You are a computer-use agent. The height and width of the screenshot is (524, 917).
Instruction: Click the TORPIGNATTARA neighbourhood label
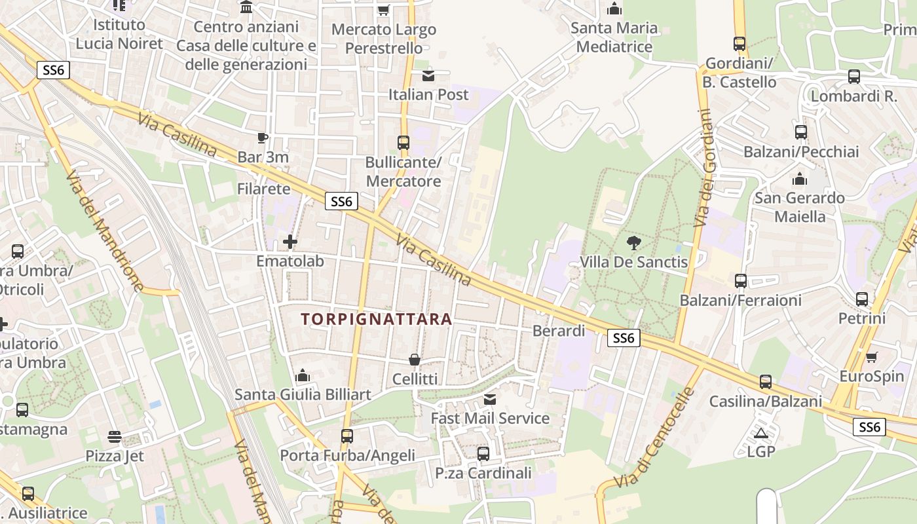click(376, 320)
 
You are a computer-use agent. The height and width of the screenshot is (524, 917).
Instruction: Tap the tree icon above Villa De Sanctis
click(633, 244)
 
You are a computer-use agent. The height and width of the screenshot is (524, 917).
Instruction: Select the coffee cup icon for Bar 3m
click(263, 138)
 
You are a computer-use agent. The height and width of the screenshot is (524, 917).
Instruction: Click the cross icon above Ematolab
click(290, 242)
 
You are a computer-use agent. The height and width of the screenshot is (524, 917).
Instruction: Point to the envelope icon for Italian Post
click(428, 76)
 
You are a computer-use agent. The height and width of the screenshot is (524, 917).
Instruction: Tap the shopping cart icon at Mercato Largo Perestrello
click(384, 10)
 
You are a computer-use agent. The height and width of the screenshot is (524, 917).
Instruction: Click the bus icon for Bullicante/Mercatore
click(403, 143)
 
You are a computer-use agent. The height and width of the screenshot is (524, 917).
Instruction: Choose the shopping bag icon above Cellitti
click(415, 360)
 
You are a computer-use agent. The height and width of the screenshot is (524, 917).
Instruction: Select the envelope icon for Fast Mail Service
click(490, 400)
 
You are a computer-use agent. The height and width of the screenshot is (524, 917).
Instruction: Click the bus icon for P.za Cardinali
click(483, 453)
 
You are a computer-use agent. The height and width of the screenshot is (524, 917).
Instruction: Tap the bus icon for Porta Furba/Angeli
click(347, 436)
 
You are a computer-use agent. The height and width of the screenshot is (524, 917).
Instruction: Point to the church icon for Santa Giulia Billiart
click(303, 376)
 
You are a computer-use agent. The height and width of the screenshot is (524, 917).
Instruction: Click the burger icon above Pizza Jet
click(115, 436)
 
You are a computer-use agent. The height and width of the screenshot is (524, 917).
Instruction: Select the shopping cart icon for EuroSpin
click(871, 358)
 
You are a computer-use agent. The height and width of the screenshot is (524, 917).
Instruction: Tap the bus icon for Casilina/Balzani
click(766, 382)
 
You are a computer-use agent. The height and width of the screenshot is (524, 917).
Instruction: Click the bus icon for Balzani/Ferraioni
click(741, 281)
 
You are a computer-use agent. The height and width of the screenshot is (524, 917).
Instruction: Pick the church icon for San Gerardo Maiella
click(799, 179)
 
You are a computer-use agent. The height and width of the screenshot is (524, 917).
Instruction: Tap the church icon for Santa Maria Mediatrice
click(614, 9)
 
